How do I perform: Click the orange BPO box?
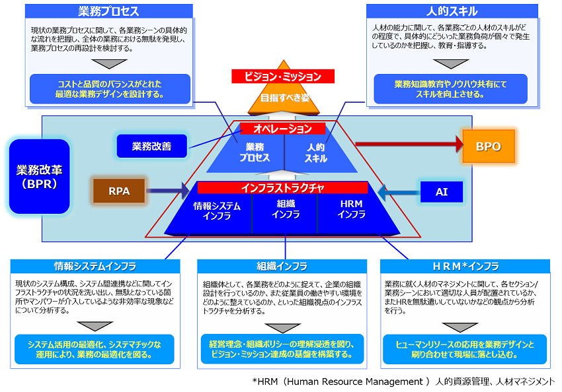coord(488,146)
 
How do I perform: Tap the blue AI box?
coord(442,192)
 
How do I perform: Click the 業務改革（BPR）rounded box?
coord(40,176)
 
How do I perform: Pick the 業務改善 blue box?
coord(151,146)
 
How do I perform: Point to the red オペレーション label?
coord(284,129)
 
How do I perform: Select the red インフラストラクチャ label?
coord(282,188)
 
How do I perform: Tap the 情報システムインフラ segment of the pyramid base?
coord(217,210)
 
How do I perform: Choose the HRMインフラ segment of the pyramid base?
coord(351,210)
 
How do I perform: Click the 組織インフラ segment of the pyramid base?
coord(285,210)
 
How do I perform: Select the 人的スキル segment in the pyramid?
coord(315,152)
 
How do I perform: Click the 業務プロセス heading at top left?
coord(108,11)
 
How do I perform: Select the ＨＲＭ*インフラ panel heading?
coord(465,267)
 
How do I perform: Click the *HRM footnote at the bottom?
coord(403,381)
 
